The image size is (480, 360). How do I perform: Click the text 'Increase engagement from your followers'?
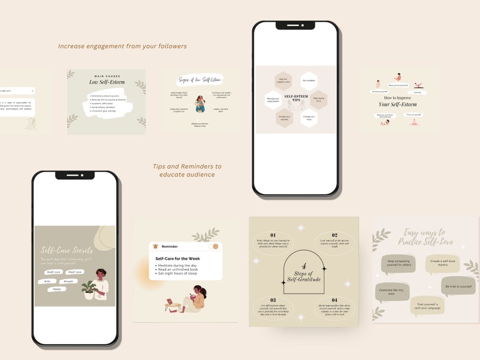point(122,46)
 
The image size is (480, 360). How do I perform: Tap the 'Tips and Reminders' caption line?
point(187,166)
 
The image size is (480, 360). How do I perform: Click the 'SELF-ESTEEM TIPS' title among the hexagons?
point(296,98)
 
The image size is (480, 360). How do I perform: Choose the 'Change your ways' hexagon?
point(308,117)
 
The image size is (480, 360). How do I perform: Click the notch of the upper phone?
point(295,25)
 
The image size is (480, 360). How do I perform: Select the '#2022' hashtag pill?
point(56,289)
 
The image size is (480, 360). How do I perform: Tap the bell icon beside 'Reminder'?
point(156,246)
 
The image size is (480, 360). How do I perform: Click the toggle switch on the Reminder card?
point(213,246)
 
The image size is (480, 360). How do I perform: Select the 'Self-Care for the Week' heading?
point(178,258)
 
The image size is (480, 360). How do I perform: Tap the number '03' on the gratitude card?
point(273,300)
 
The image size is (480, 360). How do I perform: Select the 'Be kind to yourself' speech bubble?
point(458,286)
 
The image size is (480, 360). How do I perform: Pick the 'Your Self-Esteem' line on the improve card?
point(398,104)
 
